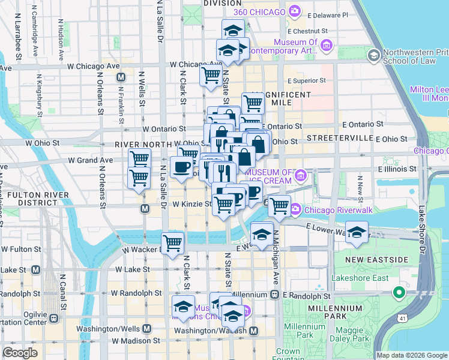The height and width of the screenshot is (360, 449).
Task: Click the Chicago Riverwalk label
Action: [x=330, y=210]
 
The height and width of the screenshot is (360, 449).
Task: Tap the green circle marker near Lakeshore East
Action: [x=397, y=293]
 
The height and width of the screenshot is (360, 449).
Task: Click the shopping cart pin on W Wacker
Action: [x=173, y=243]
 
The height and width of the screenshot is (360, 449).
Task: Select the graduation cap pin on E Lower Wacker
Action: [x=357, y=233]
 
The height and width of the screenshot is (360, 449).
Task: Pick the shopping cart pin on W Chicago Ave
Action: [x=210, y=76]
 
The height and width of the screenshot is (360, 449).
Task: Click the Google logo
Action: [x=20, y=353]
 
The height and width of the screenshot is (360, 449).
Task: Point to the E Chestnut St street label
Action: [x=308, y=30]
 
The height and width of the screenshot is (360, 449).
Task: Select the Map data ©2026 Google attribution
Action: [x=411, y=355]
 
